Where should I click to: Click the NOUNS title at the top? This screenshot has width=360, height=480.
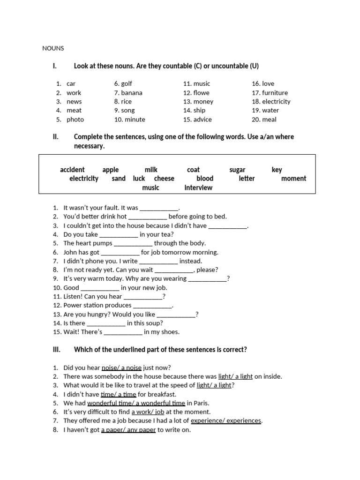click(x=53, y=48)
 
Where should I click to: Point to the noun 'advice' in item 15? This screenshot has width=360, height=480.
click(x=202, y=120)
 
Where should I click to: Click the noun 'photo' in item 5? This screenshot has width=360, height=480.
click(x=75, y=120)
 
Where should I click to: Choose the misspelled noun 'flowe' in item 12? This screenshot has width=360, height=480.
click(x=202, y=93)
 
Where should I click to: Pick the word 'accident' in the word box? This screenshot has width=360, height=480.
click(x=72, y=170)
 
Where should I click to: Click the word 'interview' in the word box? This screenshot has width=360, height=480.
click(x=198, y=187)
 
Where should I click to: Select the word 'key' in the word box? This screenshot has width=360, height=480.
click(x=277, y=170)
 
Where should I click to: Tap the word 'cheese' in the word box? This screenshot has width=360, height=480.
click(x=164, y=179)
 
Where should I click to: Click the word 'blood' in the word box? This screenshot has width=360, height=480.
click(x=205, y=179)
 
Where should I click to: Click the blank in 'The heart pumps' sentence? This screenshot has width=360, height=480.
click(x=133, y=243)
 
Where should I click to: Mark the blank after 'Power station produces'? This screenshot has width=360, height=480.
click(x=152, y=306)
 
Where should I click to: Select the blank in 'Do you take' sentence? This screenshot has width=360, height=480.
click(x=119, y=234)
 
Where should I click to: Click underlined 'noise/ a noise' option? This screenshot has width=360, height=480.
click(x=121, y=367)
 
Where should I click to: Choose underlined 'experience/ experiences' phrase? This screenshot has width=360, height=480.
click(x=226, y=421)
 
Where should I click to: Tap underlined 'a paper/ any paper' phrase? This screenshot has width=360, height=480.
click(x=128, y=430)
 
